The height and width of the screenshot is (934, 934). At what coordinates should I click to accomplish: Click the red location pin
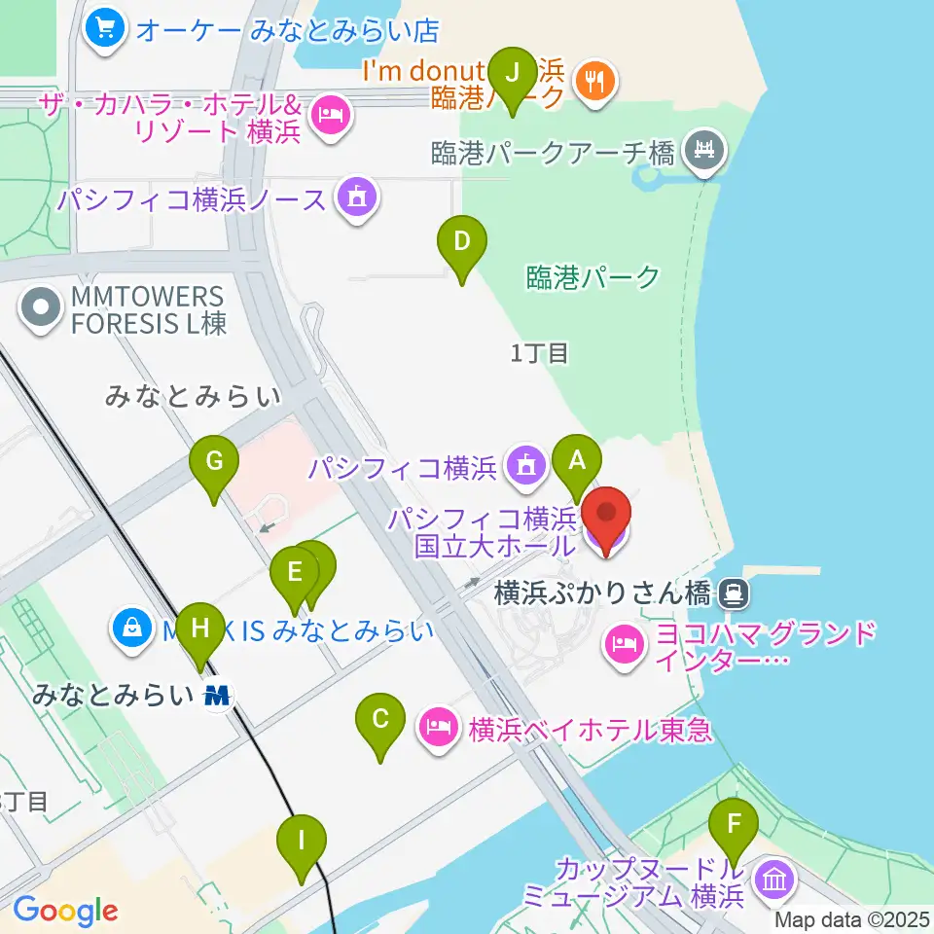606,519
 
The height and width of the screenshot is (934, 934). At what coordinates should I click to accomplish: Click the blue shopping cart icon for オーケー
105,28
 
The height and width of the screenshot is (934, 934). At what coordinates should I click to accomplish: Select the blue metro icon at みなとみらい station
219,696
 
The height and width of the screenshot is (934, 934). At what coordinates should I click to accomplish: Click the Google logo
65,911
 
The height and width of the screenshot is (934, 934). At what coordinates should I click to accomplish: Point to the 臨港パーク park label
593,277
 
